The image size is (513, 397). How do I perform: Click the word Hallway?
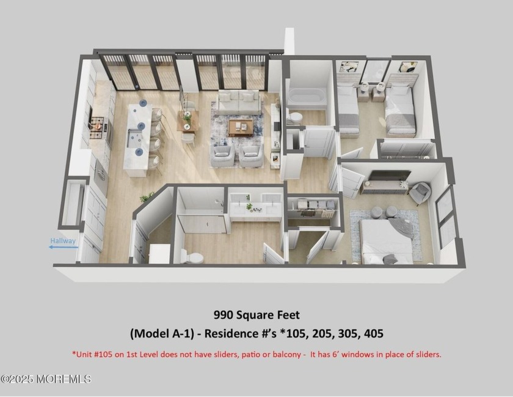(63, 240)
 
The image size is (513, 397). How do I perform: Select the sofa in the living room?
(238, 103)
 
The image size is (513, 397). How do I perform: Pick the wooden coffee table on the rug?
(241, 127)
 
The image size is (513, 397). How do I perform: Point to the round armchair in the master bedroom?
(420, 193)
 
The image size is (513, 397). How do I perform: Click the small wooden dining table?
(188, 121)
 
